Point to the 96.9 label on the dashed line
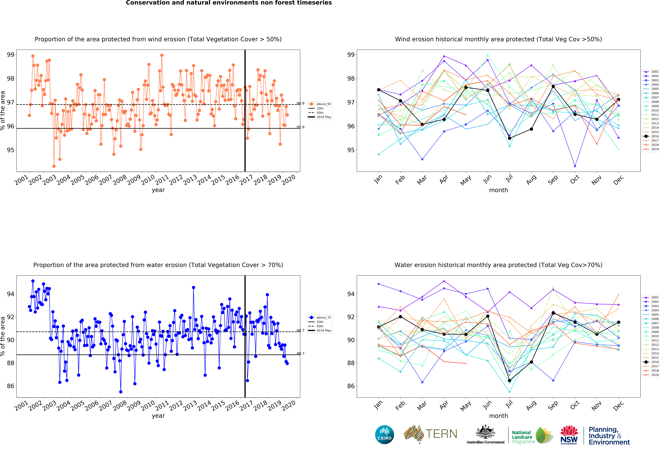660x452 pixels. pos(300,103)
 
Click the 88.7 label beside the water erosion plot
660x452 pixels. pos(300,354)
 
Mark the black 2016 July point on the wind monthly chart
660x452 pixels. pos(510,138)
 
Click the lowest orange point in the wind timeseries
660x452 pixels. pos(54,166)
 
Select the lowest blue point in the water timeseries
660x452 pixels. pos(121,392)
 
